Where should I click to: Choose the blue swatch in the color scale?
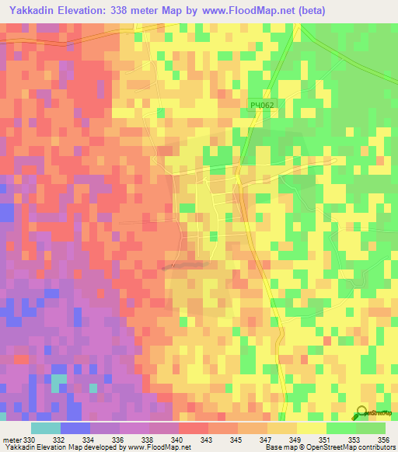point(75,428)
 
